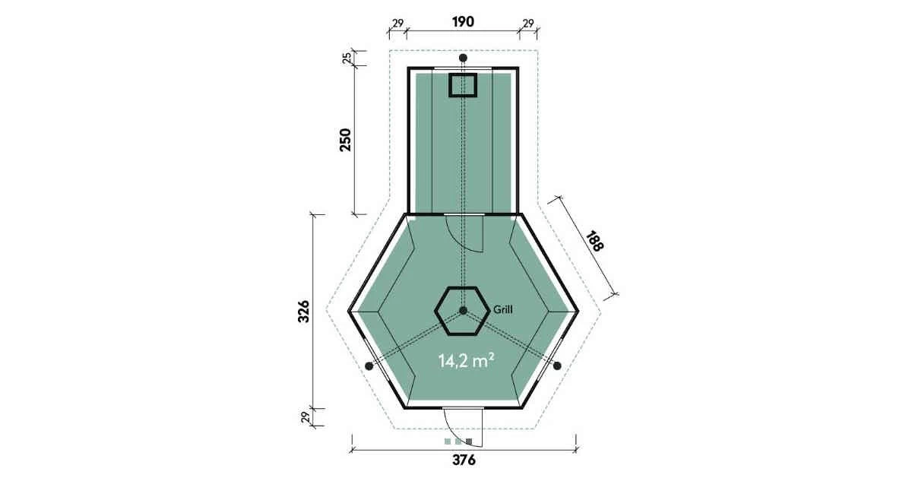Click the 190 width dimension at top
464,21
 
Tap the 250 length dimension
345,140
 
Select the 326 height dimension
304,312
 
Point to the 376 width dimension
464,460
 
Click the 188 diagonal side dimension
595,241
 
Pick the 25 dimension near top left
347,58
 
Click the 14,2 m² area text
466,361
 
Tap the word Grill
503,309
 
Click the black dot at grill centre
463,311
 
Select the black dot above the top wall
463,58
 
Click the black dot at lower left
369,366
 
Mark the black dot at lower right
557,366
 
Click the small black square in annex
463,86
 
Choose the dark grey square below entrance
469,442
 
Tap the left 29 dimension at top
397,24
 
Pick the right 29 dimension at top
528,24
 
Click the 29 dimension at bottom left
306,417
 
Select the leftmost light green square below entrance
448,442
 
